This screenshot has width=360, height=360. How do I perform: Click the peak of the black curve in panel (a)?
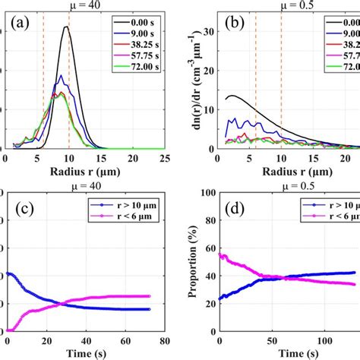point(67,27)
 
